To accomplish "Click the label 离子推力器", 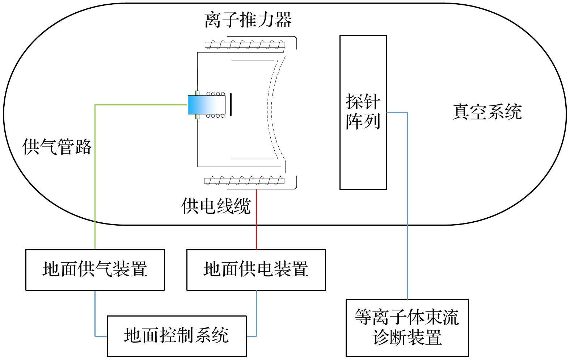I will [248, 20].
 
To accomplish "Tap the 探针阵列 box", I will [363, 112].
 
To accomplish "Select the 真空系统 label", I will [487, 112].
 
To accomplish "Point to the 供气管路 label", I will [57, 147].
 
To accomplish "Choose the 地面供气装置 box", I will [95, 270].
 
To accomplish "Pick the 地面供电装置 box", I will [256, 270].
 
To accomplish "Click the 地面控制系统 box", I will [177, 336].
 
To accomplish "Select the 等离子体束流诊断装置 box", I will [407, 328].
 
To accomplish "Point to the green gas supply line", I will [95, 174].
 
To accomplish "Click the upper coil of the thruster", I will [245, 45].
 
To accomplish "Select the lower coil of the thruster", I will [244, 181].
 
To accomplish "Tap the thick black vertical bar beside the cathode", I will [231, 104].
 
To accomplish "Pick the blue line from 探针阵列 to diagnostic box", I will [407, 203].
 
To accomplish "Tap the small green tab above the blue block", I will [197, 93].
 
